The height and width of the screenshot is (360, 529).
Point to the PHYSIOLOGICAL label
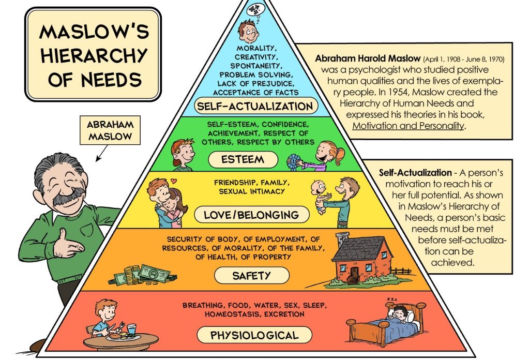[254, 335]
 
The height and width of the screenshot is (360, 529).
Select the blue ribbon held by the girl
[295, 162]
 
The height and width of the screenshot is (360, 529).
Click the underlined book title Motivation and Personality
[408, 125]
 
